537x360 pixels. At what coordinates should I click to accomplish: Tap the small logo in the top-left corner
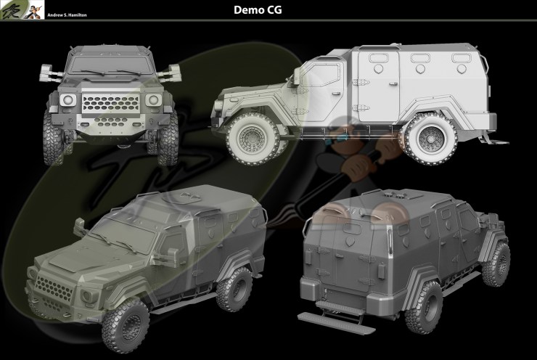pyautogui.click(x=14, y=9)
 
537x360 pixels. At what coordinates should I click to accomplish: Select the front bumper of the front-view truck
pyautogui.click(x=110, y=131)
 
